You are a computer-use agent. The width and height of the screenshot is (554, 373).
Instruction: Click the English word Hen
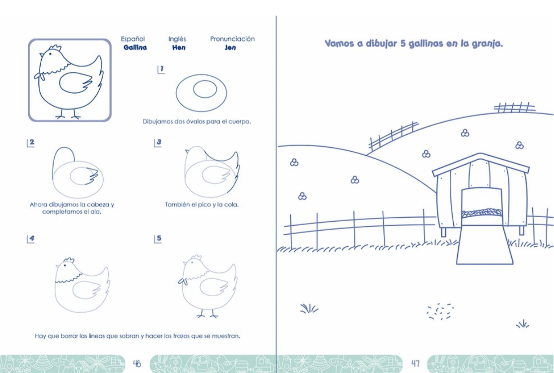point(179,48)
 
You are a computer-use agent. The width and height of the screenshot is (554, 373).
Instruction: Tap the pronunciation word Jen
point(230,48)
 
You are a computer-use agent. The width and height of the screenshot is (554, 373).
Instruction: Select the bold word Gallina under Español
point(135,48)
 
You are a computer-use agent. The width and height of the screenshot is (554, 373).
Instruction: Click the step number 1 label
point(161,69)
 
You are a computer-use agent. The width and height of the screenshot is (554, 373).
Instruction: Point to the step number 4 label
point(31,239)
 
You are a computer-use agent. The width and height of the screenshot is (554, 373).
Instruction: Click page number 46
point(137,363)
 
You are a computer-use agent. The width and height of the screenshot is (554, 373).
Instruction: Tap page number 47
point(415,363)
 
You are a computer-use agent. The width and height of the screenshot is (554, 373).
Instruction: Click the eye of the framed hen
point(51,54)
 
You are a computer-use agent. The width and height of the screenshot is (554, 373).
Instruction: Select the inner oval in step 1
point(205,89)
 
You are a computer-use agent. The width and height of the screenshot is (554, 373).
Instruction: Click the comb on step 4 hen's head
point(69,261)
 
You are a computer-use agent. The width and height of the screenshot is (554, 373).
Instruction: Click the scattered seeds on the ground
point(440,311)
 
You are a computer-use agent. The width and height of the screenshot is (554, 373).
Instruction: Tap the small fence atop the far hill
point(514,107)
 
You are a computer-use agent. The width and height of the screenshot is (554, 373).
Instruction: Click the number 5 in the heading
point(403,44)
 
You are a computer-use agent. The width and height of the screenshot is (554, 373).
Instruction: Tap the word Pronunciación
point(232,39)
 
